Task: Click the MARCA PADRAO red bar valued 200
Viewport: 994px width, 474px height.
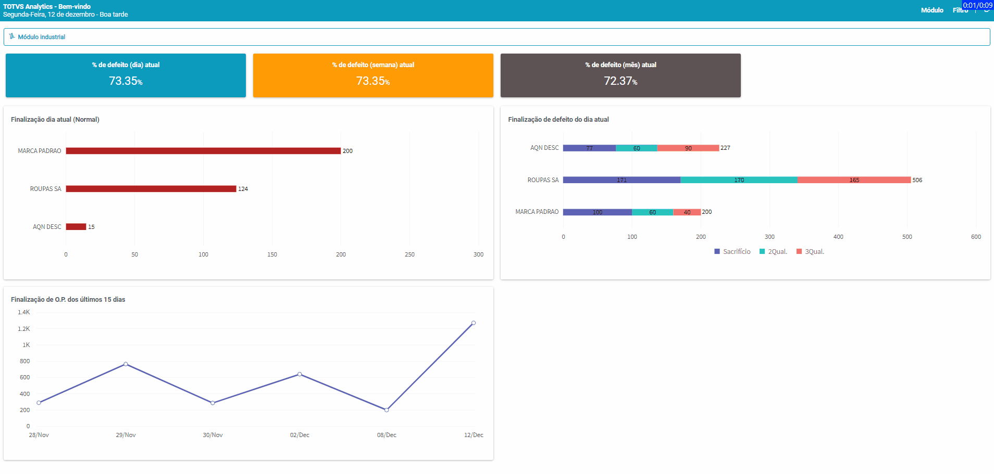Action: point(203,151)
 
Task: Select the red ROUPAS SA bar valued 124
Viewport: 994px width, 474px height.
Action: point(151,189)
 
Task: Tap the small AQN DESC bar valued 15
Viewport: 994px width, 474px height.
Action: point(76,227)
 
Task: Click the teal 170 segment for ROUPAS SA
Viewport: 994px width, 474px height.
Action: point(739,180)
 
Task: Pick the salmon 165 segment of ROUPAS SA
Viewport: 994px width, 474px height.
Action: point(854,180)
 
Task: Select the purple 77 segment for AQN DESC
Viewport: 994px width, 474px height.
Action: point(589,148)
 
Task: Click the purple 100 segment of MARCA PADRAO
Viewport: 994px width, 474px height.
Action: point(597,212)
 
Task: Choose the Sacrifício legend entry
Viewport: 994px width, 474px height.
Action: point(732,252)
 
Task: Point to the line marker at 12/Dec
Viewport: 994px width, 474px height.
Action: point(474,323)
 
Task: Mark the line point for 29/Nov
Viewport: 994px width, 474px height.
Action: point(126,364)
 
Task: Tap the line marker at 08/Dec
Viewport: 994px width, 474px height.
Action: point(387,410)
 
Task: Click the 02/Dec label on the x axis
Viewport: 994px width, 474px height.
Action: point(300,435)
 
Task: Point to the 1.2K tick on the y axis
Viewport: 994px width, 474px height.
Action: point(24,329)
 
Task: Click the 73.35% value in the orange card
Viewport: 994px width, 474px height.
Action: point(372,81)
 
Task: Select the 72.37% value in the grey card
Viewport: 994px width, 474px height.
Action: point(620,81)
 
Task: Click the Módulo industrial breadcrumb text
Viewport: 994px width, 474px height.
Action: point(42,37)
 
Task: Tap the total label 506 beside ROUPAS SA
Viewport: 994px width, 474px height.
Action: point(917,180)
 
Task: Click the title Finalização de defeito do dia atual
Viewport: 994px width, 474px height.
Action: point(558,120)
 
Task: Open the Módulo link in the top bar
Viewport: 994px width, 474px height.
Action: point(932,10)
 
